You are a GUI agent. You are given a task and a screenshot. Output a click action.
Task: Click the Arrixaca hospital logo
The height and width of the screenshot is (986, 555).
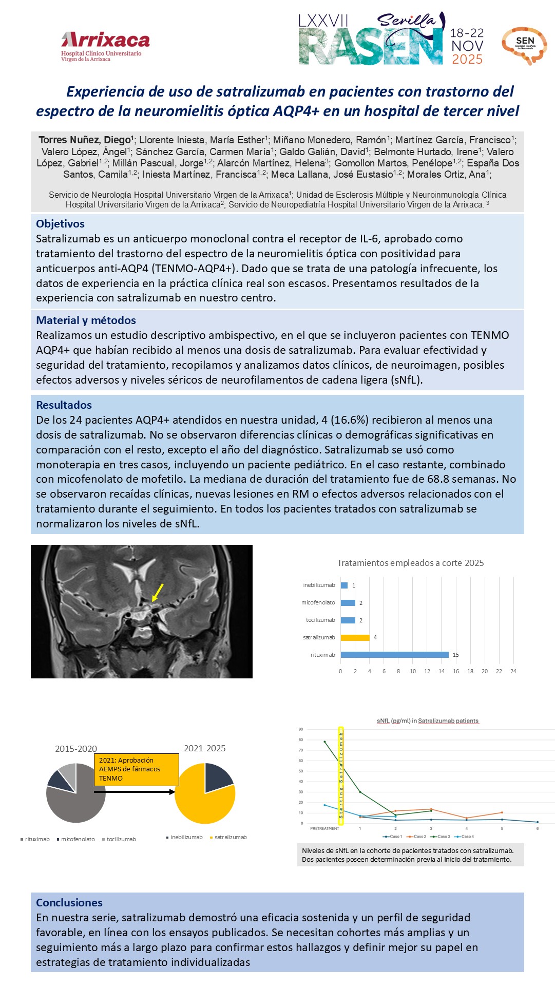(x=105, y=46)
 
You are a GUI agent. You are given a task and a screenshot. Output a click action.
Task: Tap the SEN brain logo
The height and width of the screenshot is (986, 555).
(x=524, y=45)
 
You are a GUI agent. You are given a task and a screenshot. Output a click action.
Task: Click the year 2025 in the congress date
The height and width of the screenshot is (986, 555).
(x=467, y=60)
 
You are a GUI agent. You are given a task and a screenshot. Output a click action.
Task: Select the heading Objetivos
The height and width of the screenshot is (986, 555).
(x=60, y=224)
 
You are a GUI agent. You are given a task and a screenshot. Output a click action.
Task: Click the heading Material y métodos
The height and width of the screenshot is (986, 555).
(x=86, y=320)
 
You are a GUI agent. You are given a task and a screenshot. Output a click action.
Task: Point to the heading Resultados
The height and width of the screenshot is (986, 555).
(x=64, y=405)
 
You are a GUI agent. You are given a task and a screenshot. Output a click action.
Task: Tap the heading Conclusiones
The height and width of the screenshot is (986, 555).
(x=69, y=903)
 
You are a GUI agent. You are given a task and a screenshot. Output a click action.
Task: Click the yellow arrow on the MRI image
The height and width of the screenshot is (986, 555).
(x=158, y=592)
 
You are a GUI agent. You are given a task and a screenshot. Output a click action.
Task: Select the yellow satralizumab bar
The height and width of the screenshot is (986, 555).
(x=355, y=637)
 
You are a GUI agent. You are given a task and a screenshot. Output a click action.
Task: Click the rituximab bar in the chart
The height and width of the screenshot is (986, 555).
(x=394, y=655)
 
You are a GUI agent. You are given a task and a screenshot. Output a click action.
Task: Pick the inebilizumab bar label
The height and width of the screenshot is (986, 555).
(x=319, y=585)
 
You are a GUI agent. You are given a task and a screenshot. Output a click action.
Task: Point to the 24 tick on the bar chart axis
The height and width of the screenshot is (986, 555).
(x=513, y=671)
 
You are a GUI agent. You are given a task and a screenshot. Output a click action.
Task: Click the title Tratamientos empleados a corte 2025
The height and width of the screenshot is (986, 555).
(x=410, y=563)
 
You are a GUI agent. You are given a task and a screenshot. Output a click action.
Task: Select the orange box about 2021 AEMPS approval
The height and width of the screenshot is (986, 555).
(x=136, y=769)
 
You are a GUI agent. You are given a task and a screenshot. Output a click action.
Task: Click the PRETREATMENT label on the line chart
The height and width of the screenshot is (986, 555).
(x=324, y=828)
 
